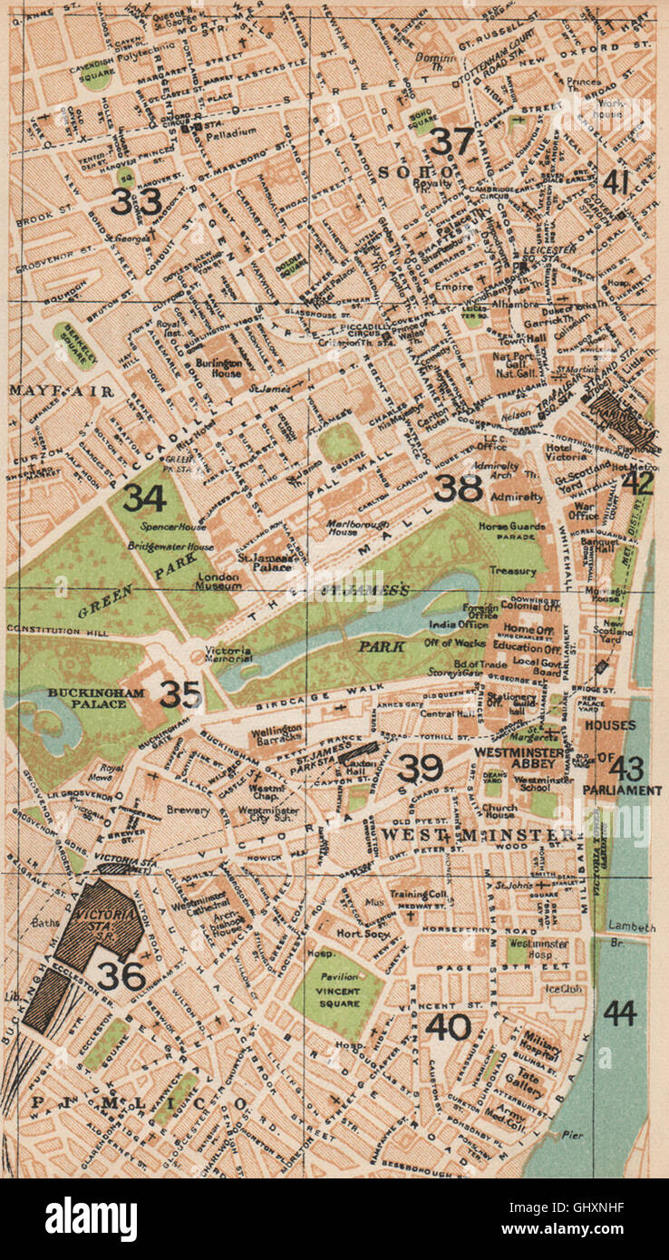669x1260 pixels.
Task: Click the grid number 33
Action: point(136,201)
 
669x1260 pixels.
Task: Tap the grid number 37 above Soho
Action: point(451,141)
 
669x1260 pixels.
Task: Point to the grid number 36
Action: point(121,975)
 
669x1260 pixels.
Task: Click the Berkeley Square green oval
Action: point(74,345)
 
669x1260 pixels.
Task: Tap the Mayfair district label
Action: point(59,392)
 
